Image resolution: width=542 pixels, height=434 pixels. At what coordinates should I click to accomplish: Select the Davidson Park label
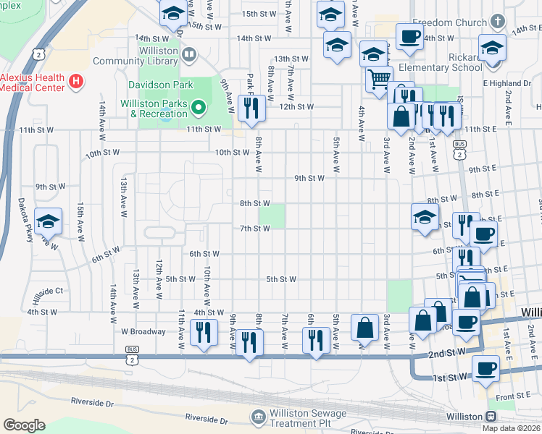coord(160,85)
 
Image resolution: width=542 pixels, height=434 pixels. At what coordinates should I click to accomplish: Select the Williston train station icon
coord(491,417)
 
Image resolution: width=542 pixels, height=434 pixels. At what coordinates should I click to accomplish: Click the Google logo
coord(24,425)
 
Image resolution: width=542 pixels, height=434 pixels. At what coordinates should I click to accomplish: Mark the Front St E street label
coord(514,396)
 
